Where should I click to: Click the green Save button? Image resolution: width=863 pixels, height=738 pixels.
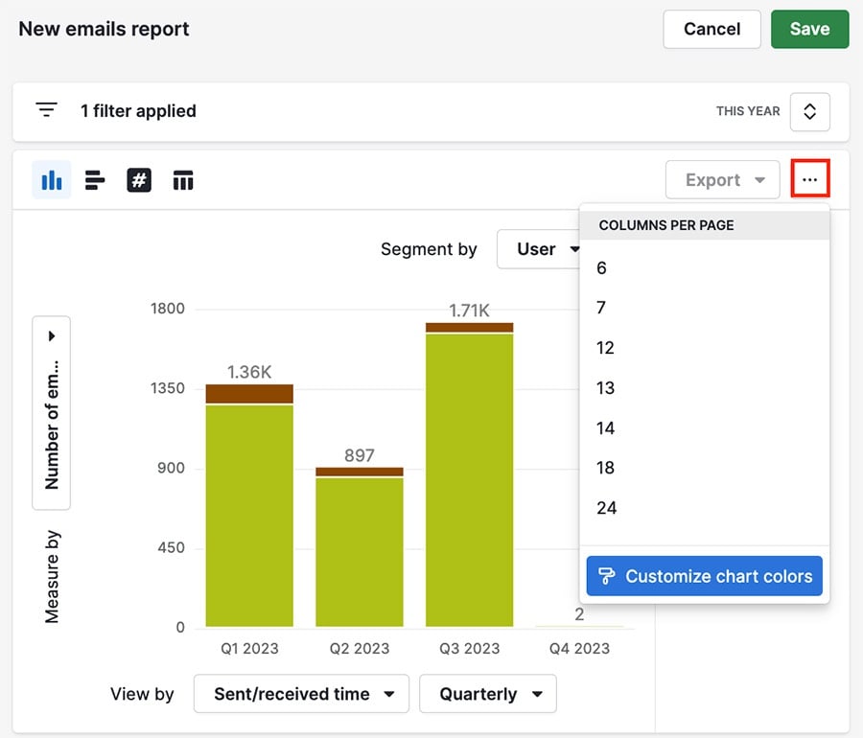[809, 29]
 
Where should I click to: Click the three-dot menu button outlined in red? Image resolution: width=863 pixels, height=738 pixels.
[810, 180]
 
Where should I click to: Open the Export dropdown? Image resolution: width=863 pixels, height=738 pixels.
[722, 180]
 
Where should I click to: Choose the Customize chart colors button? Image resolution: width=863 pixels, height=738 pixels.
[705, 576]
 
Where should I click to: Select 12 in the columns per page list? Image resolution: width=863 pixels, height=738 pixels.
[605, 348]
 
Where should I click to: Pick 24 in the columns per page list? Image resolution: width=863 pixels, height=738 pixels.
[606, 508]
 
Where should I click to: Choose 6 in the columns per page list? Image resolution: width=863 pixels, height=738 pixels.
[602, 268]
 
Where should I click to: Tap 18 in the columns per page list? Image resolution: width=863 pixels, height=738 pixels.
[605, 468]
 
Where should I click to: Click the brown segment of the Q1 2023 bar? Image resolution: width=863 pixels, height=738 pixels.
[249, 394]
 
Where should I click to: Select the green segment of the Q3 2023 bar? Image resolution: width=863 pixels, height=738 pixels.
[469, 479]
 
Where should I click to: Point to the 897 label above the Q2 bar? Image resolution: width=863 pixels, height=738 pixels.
[359, 455]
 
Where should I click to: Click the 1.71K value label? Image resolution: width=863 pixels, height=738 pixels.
[469, 311]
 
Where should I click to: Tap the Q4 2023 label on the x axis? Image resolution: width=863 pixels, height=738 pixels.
[579, 648]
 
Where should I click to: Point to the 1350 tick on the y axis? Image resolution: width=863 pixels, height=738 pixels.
[168, 388]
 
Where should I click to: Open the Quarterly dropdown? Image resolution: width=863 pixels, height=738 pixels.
[487, 694]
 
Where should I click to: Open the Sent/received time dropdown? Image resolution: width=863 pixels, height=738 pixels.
[301, 694]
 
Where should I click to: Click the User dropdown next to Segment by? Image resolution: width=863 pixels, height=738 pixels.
[543, 249]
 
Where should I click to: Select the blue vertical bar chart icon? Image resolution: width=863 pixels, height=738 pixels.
[52, 180]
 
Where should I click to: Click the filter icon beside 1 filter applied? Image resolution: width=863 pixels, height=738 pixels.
[46, 110]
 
